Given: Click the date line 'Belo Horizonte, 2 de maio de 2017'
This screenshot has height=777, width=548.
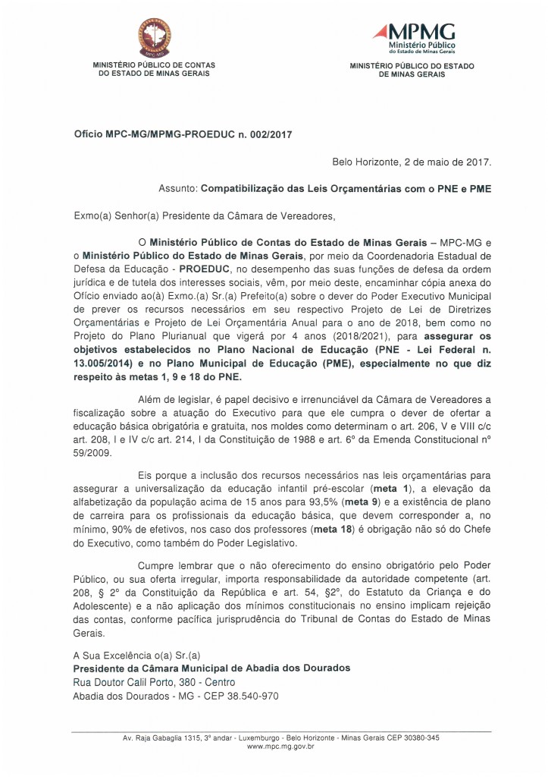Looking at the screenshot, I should (x=412, y=162).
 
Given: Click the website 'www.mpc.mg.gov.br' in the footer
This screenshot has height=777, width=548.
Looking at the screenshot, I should (x=281, y=747).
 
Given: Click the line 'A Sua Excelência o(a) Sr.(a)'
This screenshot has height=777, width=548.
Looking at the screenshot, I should (x=136, y=655).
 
